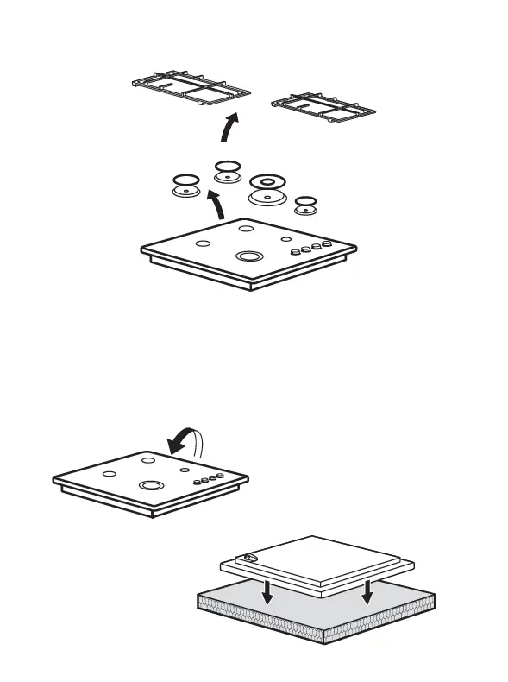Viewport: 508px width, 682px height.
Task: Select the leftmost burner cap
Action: [184, 186]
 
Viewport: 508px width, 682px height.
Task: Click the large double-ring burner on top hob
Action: [249, 256]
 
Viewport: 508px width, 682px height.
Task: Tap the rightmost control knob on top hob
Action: [328, 244]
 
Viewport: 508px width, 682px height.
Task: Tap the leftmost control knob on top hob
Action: [296, 252]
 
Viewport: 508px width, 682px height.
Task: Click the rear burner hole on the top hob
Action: [246, 229]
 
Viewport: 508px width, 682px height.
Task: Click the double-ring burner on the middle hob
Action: [150, 486]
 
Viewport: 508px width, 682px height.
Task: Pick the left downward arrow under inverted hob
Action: [268, 591]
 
